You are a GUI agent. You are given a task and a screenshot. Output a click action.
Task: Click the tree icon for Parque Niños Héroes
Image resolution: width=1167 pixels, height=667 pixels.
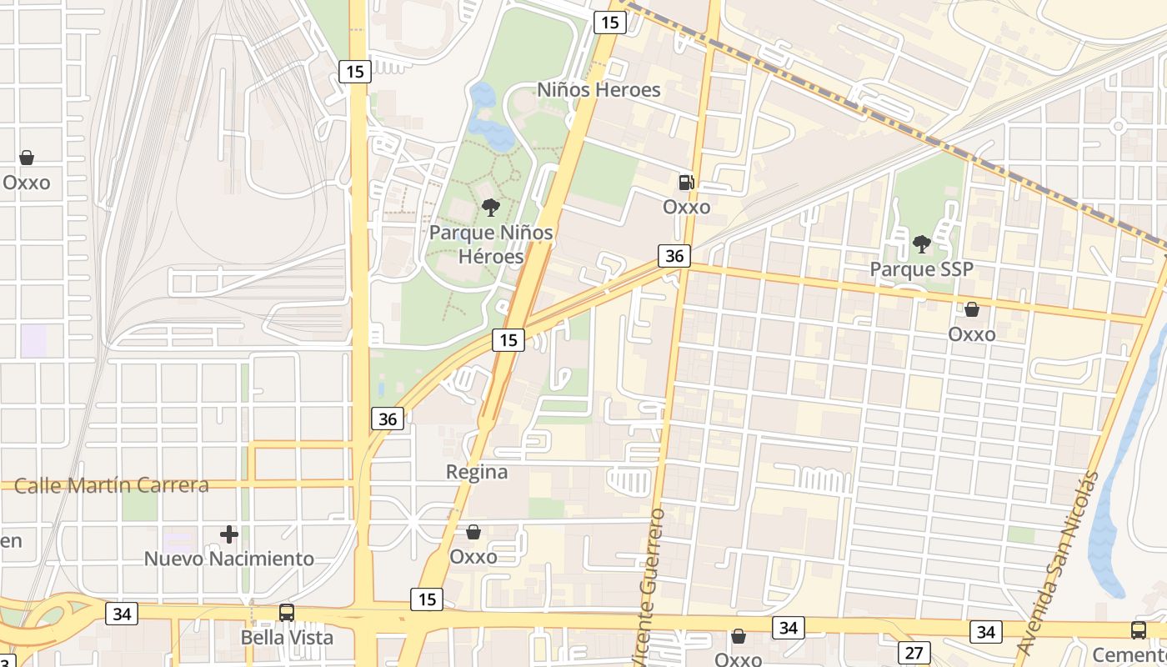click(491, 208)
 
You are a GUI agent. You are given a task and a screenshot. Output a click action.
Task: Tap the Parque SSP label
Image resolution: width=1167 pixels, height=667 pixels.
click(921, 269)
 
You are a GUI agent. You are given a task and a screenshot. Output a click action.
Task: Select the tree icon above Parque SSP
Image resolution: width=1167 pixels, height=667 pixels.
click(921, 243)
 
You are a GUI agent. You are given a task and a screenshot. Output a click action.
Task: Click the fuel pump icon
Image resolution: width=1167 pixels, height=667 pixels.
click(686, 182)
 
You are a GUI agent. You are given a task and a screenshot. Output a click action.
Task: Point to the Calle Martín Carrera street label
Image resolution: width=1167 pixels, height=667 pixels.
click(112, 485)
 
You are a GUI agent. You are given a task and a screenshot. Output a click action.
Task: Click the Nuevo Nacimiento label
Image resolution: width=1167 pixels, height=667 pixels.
click(229, 559)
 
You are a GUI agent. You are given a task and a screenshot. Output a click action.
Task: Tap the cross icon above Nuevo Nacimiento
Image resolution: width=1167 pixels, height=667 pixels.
click(229, 534)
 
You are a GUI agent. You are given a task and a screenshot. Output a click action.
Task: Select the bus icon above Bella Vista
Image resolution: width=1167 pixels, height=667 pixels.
click(287, 612)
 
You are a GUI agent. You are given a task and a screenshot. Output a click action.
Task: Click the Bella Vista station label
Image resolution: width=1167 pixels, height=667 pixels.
click(287, 638)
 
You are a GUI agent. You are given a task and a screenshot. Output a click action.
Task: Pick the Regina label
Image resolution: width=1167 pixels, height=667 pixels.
click(477, 472)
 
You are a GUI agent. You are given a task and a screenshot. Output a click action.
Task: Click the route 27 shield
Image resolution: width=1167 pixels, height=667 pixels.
click(914, 652)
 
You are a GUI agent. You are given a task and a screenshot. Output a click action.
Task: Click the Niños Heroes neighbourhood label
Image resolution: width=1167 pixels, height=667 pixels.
click(599, 90)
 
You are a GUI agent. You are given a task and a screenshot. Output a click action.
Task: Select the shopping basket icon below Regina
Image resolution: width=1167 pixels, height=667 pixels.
click(473, 532)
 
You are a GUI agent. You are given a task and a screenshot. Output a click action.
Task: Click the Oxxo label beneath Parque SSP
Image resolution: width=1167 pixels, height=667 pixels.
click(972, 334)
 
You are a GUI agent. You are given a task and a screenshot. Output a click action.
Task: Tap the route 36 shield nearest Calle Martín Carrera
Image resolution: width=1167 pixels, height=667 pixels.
click(388, 419)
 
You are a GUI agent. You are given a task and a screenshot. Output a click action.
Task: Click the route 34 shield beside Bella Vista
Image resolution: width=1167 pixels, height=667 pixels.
click(122, 614)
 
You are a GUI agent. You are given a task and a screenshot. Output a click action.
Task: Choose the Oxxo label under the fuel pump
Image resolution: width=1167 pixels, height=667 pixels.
click(687, 207)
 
